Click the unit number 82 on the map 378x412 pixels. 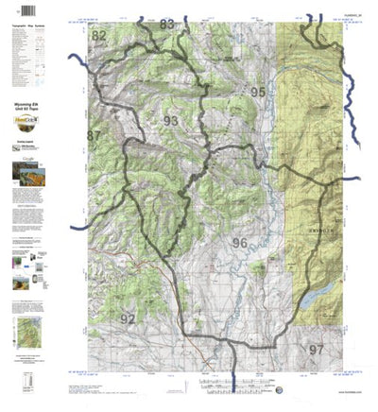[x=99, y=36]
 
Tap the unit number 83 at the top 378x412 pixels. [x=168, y=24]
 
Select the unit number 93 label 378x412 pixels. [x=170, y=121]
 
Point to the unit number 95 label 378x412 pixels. [x=258, y=92]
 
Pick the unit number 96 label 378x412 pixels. [x=239, y=243]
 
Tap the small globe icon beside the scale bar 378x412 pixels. [x=279, y=389]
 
